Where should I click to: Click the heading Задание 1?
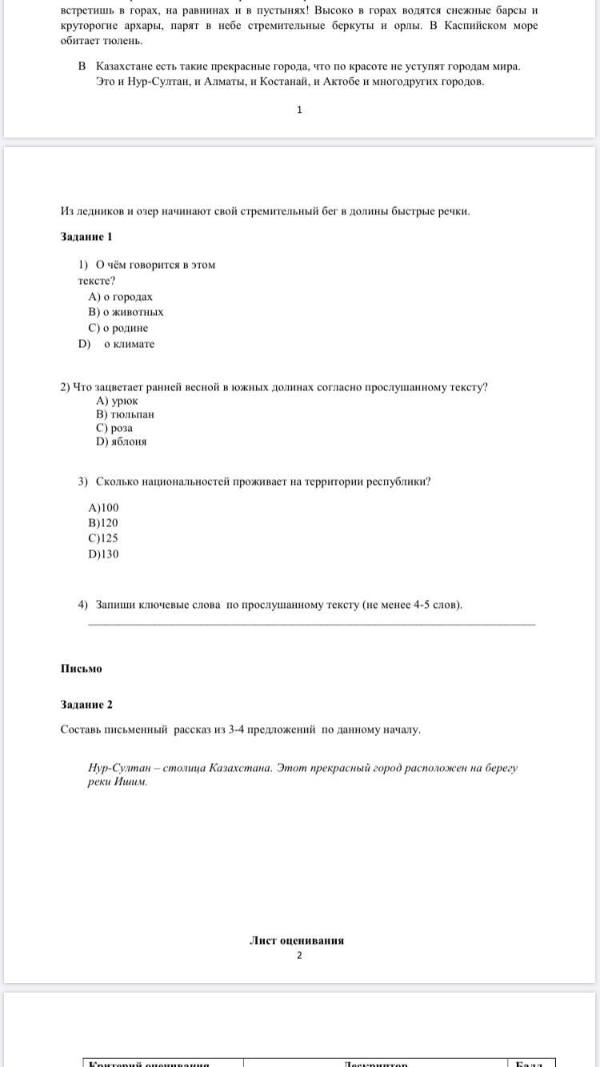pyautogui.click(x=86, y=237)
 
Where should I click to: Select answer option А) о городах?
pyautogui.click(x=120, y=297)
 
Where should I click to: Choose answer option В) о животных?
pyautogui.click(x=126, y=312)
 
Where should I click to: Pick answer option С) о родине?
pyautogui.click(x=118, y=328)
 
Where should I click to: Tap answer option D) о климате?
pyautogui.click(x=116, y=344)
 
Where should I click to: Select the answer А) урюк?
pyautogui.click(x=117, y=401)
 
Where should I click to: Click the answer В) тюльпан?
pyautogui.click(x=125, y=414)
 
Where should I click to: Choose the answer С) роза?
pyautogui.click(x=114, y=428)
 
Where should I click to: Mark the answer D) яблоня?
pyautogui.click(x=121, y=442)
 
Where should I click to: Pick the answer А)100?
pyautogui.click(x=103, y=507)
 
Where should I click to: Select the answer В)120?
pyautogui.click(x=103, y=523)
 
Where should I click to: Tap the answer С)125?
pyautogui.click(x=103, y=538)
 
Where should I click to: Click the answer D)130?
pyautogui.click(x=103, y=554)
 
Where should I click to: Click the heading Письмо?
pyautogui.click(x=81, y=669)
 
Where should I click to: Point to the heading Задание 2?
pyautogui.click(x=86, y=705)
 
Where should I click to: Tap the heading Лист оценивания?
pyautogui.click(x=297, y=941)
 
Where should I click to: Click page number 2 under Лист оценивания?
pyautogui.click(x=299, y=955)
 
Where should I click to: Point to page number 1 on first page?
pyautogui.click(x=299, y=110)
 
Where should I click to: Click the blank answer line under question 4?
pyautogui.click(x=311, y=624)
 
